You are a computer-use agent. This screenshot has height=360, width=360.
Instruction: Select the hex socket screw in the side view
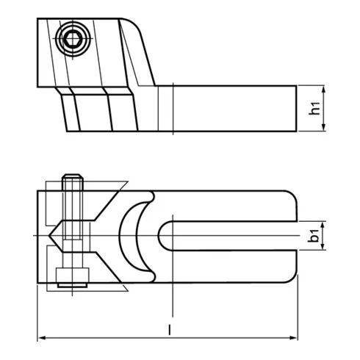point(72,40)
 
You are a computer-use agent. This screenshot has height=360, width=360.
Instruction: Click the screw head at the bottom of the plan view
point(72,275)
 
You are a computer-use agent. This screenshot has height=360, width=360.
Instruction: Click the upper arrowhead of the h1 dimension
point(324,89)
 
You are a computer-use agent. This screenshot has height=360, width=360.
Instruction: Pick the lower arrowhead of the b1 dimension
point(324,248)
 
